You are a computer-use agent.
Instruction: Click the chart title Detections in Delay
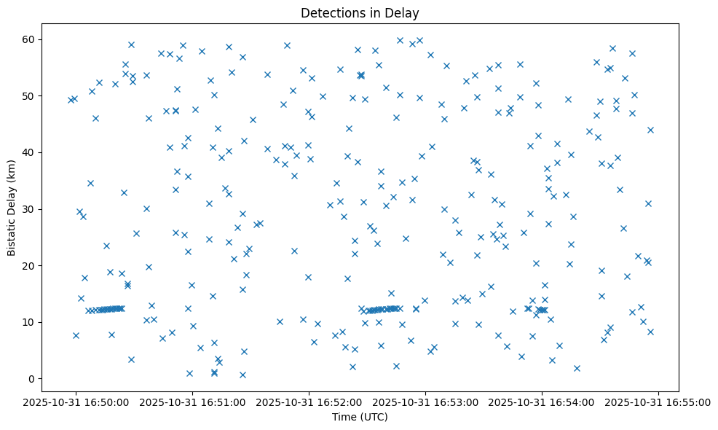coord(360,13)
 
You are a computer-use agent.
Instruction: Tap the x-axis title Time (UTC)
coord(360,418)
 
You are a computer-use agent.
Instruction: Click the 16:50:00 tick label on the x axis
coord(76,402)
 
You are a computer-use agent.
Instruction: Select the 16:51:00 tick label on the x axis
coord(192,402)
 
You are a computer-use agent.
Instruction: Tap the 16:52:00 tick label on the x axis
coord(309,402)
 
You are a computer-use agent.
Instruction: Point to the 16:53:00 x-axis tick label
coord(425,402)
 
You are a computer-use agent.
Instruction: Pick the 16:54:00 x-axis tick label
coord(542,402)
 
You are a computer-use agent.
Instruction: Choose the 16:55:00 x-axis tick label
coord(658,402)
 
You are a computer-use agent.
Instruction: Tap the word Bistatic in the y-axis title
coord(12,235)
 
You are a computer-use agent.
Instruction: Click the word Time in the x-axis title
coord(344,418)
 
